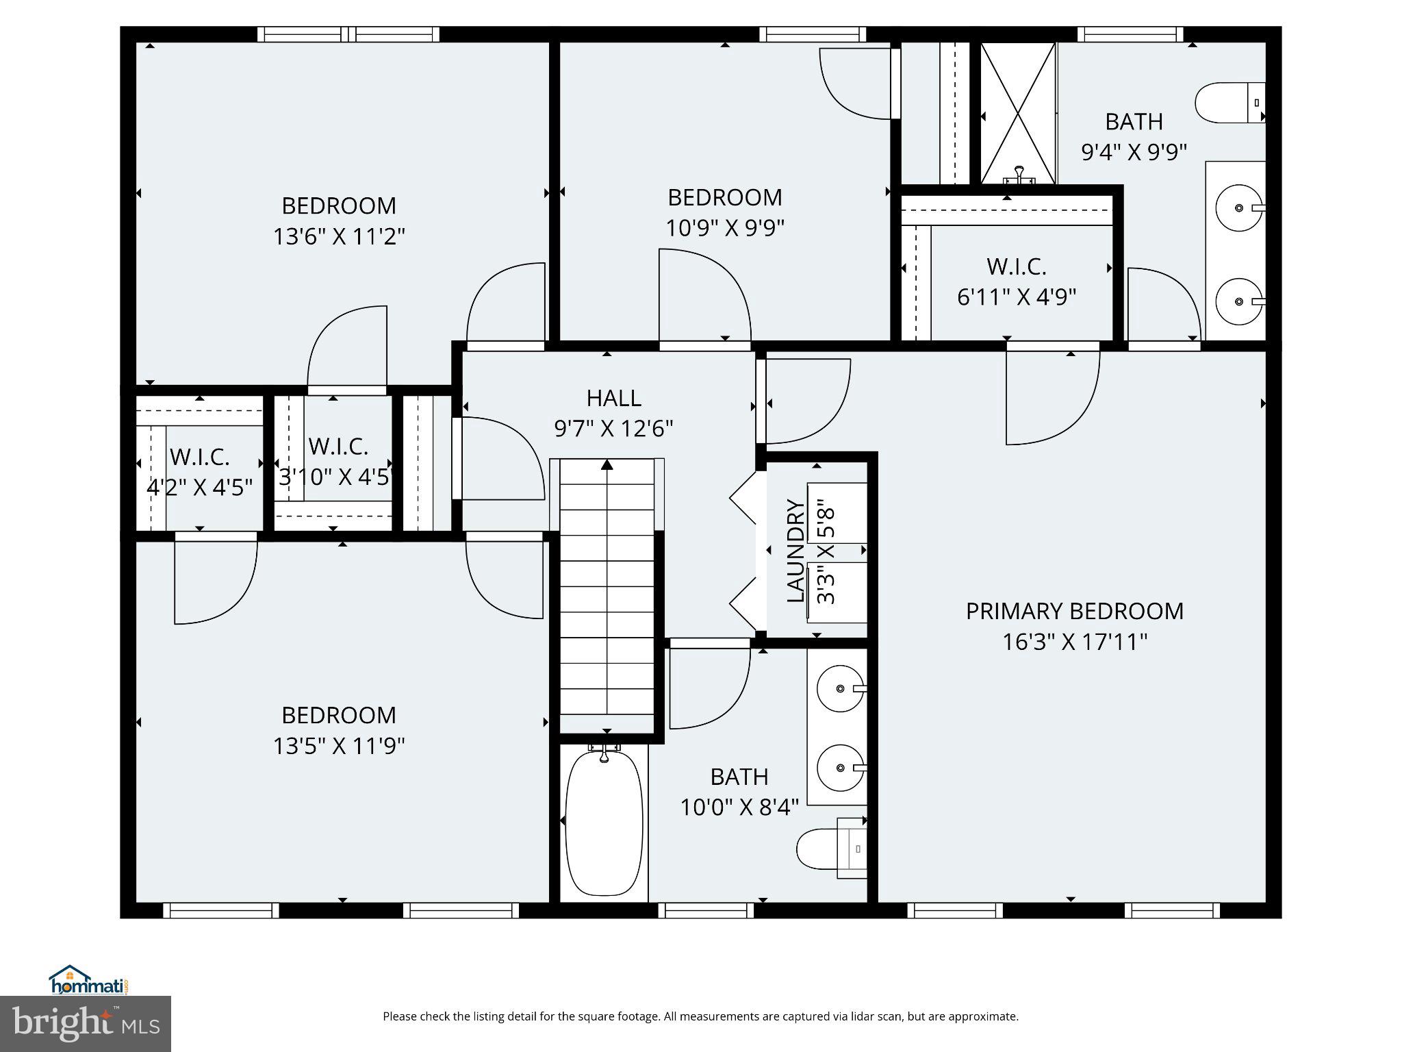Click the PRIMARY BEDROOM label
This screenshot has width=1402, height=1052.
(x=1074, y=611)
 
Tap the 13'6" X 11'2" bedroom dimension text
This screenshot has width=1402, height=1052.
(x=339, y=237)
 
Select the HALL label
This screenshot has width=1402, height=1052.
(x=613, y=398)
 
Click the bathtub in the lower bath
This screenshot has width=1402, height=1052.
(x=604, y=822)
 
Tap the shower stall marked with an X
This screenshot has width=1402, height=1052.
(x=1018, y=114)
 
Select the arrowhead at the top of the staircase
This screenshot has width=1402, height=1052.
(x=607, y=465)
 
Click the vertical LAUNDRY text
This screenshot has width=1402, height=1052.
(x=795, y=551)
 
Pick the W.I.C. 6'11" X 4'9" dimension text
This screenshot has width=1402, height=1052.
(x=1016, y=297)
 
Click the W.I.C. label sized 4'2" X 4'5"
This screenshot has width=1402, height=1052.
(x=199, y=457)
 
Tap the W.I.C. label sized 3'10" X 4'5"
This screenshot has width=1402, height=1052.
(x=338, y=447)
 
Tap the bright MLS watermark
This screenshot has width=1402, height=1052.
(x=86, y=1024)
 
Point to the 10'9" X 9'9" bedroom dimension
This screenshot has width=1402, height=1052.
(x=724, y=227)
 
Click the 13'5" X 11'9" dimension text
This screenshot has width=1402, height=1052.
(x=339, y=746)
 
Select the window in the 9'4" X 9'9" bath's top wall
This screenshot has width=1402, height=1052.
(x=1130, y=34)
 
